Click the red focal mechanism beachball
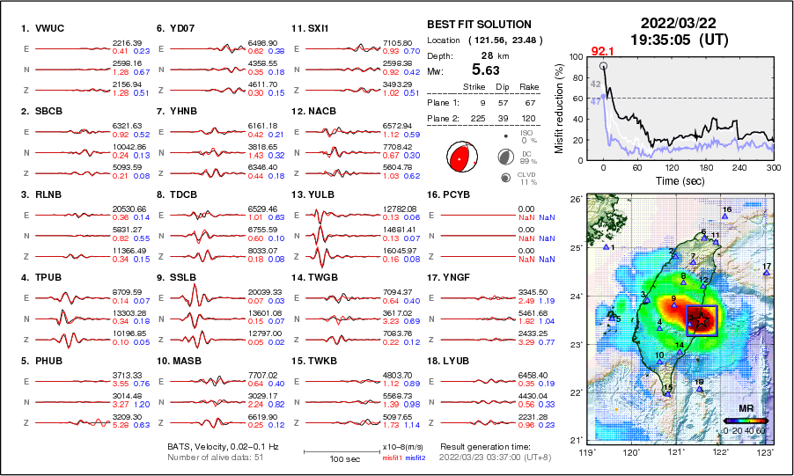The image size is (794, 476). (459, 157)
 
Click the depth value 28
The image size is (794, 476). (486, 55)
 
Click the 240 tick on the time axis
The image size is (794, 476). (739, 167)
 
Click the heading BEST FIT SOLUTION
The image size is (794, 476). (478, 25)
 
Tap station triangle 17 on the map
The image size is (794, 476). (767, 273)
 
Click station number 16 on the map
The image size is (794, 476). (727, 209)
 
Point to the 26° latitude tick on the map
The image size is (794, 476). (571, 200)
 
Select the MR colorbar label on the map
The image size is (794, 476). (745, 410)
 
